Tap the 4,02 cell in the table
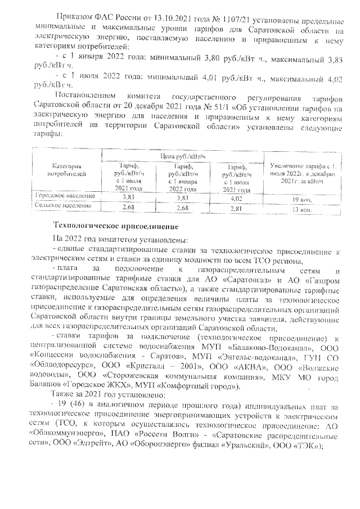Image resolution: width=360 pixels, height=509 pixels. tap(237, 197)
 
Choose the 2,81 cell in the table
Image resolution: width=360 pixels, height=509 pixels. tap(237, 208)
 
